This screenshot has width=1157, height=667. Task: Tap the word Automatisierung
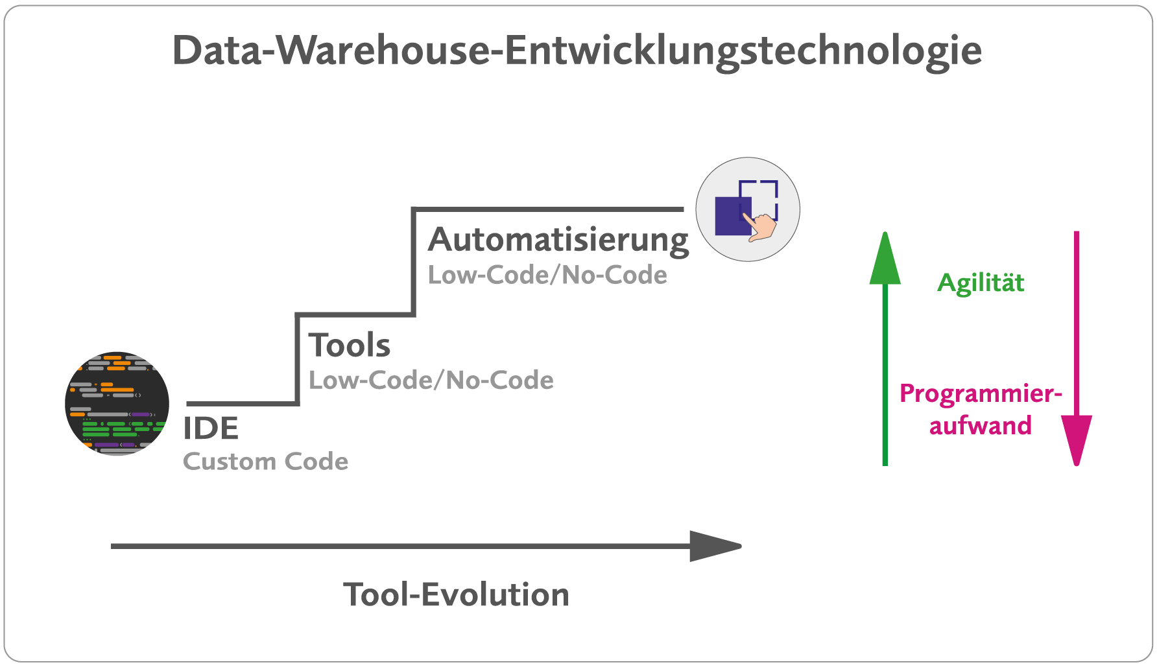pyautogui.click(x=558, y=240)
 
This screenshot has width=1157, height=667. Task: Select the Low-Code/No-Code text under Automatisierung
pyautogui.click(x=547, y=275)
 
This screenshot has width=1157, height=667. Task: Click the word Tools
pyautogui.click(x=350, y=345)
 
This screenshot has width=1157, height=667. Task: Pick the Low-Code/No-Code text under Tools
pyautogui.click(x=431, y=380)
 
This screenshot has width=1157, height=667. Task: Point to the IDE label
pyautogui.click(x=211, y=428)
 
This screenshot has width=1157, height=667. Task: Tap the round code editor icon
pyautogui.click(x=117, y=404)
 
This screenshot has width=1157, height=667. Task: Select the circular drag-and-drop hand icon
pyautogui.click(x=748, y=209)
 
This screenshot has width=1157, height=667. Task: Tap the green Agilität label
pyautogui.click(x=981, y=283)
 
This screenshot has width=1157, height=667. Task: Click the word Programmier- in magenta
pyautogui.click(x=980, y=394)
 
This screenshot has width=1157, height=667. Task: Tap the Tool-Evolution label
pyautogui.click(x=456, y=595)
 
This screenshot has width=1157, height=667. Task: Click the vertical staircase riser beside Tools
pyautogui.click(x=297, y=360)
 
